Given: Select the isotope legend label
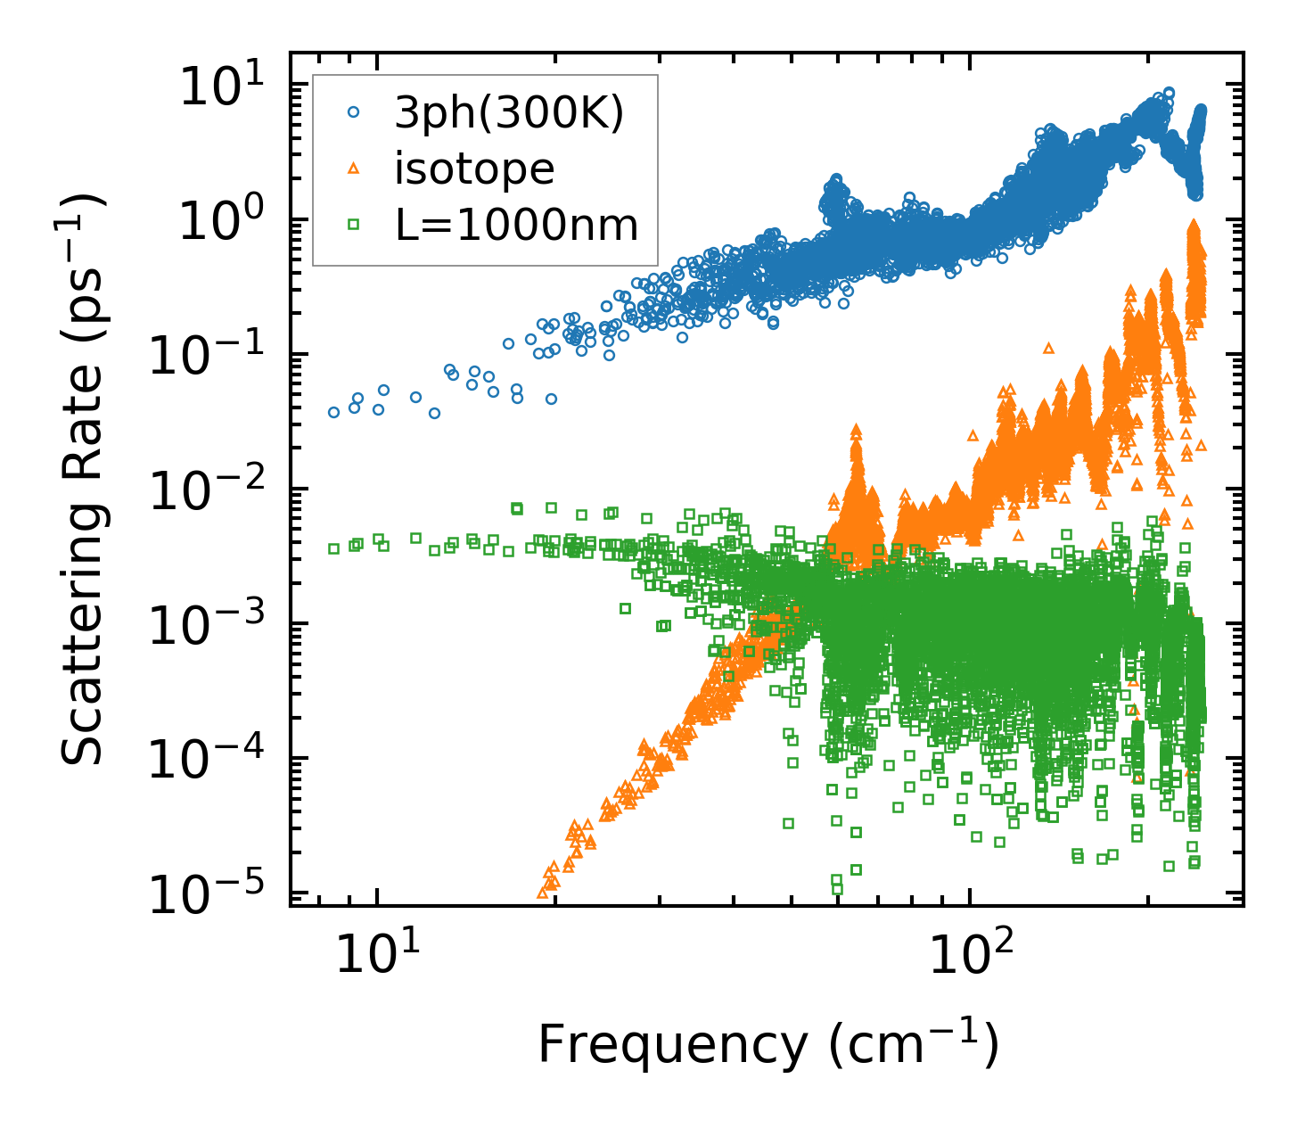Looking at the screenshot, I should coord(474,169).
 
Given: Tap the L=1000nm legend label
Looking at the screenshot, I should coord(517,226).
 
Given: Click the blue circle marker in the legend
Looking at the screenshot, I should coord(354,113).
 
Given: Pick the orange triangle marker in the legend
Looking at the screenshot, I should coord(354,169).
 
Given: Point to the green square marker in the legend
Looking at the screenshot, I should coord(354,225).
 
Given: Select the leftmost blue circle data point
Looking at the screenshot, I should coord(333,412).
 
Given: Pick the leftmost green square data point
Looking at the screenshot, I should coord(333,548).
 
